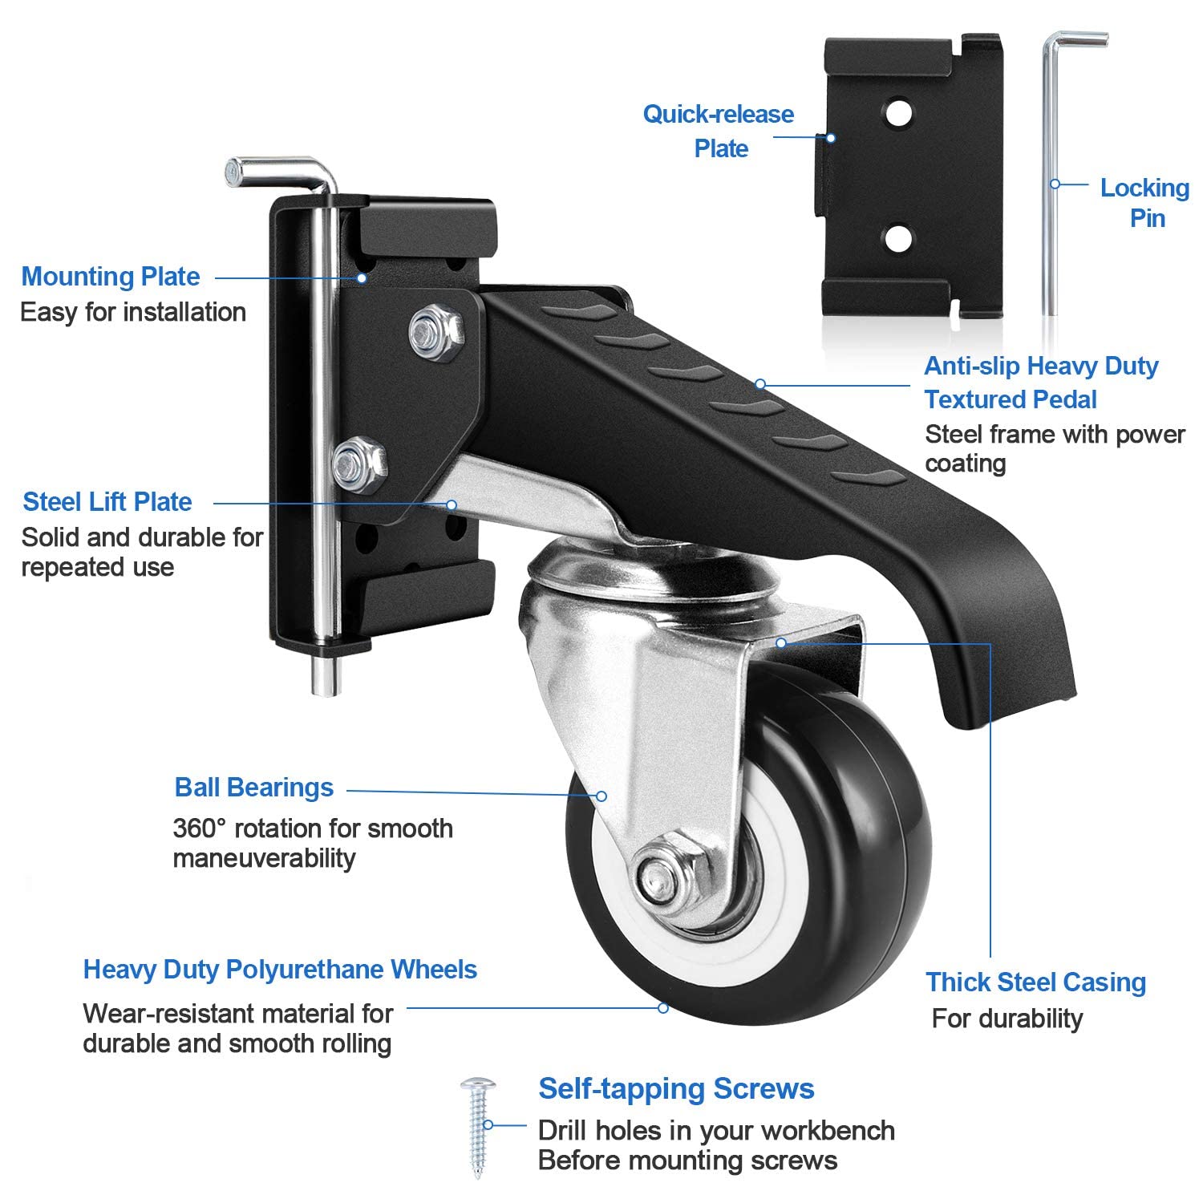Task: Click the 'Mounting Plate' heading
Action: (x=110, y=277)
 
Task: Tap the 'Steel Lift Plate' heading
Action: (x=107, y=502)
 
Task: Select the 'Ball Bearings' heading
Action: (x=253, y=788)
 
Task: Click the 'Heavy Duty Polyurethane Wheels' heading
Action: (x=280, y=970)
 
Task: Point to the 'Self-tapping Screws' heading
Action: (x=676, y=1089)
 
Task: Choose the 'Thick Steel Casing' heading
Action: (x=1035, y=982)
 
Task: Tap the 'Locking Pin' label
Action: (x=1144, y=203)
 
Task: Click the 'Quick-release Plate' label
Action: (x=719, y=131)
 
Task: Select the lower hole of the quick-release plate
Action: (x=898, y=237)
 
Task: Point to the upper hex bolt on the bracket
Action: (x=434, y=330)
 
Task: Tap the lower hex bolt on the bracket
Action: (x=358, y=463)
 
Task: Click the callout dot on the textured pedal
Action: (x=759, y=384)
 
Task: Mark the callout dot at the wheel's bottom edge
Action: (x=663, y=1007)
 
